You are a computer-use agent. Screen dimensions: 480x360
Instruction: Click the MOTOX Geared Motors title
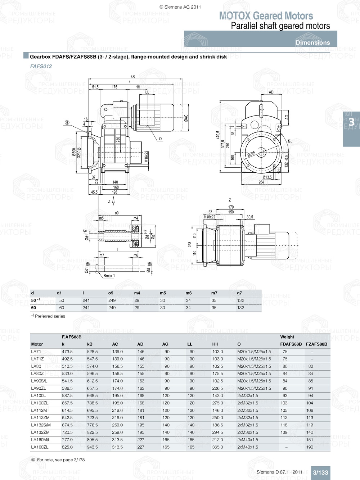[x=266, y=16]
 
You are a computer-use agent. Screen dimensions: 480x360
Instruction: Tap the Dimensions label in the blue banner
[x=312, y=42]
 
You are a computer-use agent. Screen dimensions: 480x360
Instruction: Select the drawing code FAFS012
[x=41, y=66]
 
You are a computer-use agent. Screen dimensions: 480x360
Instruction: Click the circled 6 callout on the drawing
[x=67, y=123]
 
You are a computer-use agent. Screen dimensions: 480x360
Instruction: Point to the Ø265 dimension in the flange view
[x=251, y=154]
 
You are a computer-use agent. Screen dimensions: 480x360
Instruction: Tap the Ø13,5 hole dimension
[x=267, y=177]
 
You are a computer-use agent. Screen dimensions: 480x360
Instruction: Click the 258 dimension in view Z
[x=190, y=244]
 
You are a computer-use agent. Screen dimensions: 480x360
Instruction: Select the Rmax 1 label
[x=109, y=276]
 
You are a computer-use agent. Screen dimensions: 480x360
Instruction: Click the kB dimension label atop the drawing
[x=132, y=77]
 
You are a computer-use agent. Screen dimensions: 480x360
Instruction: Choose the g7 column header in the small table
[x=239, y=293]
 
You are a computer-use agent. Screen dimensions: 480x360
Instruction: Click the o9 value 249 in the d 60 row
[x=112, y=308]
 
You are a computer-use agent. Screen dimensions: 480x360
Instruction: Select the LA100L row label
[x=39, y=395]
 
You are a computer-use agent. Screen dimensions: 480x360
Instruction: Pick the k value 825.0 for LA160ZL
[x=67, y=447]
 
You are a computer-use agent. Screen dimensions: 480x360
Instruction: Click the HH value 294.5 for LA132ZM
[x=217, y=432]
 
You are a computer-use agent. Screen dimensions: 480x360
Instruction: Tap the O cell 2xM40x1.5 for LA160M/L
[x=248, y=440]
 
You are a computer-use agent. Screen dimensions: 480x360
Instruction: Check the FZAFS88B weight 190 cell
[x=310, y=447]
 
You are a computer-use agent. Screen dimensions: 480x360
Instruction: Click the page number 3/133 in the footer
[x=320, y=472]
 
